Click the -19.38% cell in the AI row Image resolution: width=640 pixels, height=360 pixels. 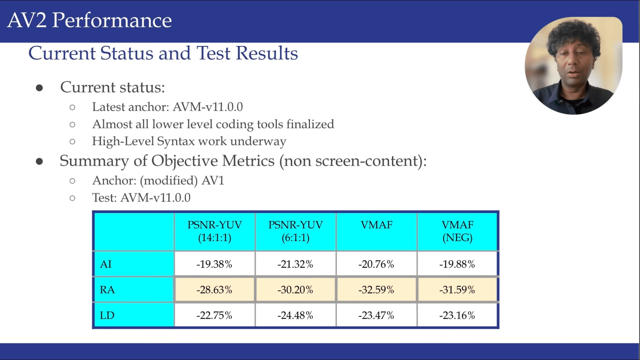[214, 264]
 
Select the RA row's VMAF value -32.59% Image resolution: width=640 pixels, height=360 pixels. [376, 290]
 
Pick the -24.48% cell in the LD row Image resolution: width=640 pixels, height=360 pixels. [295, 315]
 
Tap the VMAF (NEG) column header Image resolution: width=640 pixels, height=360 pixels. [457, 231]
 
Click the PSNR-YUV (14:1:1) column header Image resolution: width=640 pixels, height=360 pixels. [214, 231]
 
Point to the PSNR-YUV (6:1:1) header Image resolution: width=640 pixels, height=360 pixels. [295, 231]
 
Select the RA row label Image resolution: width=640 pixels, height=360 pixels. [107, 290]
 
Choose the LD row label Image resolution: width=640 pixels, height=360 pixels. [107, 315]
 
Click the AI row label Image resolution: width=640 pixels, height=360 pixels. [106, 264]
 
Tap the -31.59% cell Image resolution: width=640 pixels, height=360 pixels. [457, 290]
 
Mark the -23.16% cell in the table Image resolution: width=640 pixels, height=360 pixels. [457, 315]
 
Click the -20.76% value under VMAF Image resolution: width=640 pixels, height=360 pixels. [376, 264]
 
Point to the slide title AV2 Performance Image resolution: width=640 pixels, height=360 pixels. [89, 20]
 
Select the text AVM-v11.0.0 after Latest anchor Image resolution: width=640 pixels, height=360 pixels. [208, 107]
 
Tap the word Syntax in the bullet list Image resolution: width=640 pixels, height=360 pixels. [176, 142]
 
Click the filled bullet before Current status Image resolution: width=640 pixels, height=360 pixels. [39, 88]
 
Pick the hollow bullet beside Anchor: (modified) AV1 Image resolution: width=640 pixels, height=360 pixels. [72, 181]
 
